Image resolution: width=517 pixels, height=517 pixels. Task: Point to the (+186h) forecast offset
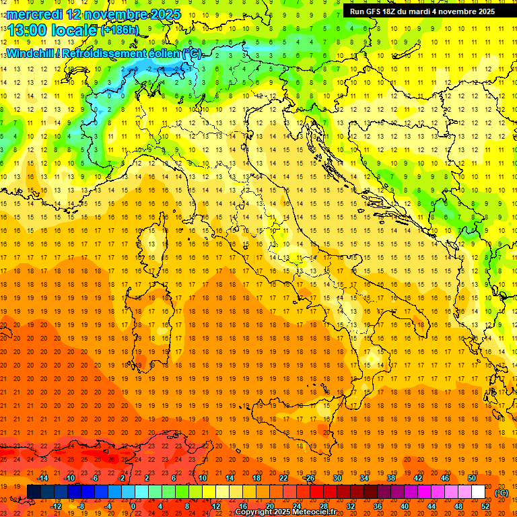[120, 30]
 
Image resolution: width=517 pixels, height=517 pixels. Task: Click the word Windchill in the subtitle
[30, 53]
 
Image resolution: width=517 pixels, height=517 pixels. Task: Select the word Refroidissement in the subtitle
[102, 53]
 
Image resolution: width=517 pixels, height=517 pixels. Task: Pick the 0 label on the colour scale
[133, 506]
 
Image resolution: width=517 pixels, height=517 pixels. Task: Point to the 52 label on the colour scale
[485, 506]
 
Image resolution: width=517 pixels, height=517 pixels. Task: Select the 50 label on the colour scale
[472, 478]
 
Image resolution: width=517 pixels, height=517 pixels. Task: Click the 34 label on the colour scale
[364, 478]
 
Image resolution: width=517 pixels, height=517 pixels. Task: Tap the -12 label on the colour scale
[56, 506]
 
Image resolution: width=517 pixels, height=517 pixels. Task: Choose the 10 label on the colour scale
[203, 478]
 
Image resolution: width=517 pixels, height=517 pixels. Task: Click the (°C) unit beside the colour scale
[502, 493]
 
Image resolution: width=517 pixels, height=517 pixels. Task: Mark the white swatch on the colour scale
[479, 492]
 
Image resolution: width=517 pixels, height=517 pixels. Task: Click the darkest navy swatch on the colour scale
[34, 492]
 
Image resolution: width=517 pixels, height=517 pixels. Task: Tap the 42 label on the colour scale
[418, 478]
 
